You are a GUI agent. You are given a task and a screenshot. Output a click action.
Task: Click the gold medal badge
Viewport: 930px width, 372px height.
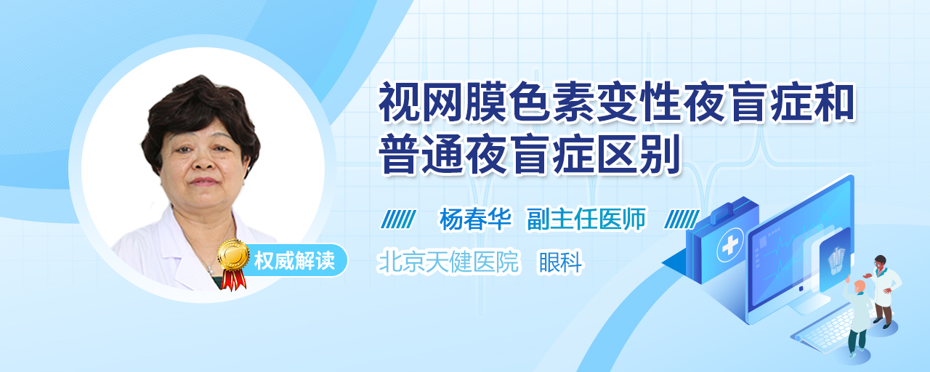coord(233,254)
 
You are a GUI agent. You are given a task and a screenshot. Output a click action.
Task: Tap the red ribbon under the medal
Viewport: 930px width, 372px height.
coord(233,280)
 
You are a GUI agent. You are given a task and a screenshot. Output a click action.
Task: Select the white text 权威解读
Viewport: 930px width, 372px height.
coord(294,261)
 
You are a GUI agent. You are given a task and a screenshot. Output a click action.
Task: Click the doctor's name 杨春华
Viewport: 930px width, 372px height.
coord(475,219)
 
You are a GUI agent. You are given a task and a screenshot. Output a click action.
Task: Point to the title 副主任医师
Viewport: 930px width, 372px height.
coord(586,219)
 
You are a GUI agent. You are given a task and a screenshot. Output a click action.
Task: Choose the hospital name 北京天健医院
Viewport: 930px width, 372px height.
coord(448,262)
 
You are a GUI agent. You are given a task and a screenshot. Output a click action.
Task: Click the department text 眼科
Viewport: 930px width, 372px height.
coord(560,262)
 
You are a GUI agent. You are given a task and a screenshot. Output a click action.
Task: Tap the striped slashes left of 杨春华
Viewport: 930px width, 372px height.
coord(399,219)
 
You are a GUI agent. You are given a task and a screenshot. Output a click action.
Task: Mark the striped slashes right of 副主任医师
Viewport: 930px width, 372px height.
coord(682,219)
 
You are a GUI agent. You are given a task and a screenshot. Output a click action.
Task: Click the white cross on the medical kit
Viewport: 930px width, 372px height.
coord(730,246)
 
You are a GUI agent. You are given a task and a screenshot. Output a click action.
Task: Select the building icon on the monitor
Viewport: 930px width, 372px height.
coord(836,260)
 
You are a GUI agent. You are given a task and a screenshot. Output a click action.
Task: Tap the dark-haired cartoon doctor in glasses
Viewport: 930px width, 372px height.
coord(883,291)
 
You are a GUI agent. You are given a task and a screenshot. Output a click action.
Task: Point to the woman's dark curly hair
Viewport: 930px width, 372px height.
coord(200,121)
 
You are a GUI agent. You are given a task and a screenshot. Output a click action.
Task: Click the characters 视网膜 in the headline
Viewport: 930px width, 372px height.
coord(443,102)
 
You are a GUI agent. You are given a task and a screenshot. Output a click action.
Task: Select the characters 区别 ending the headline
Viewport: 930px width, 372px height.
coord(639,153)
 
